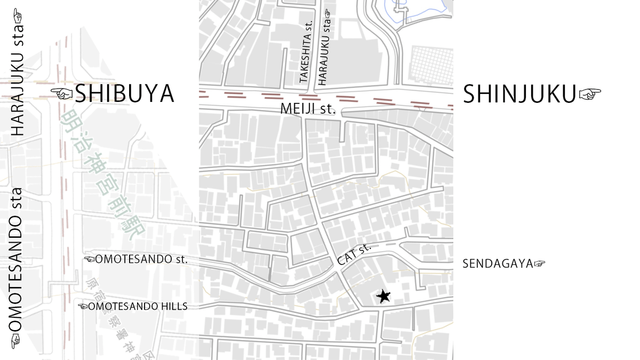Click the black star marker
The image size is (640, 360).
click(383, 296)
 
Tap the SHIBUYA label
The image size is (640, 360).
click(124, 94)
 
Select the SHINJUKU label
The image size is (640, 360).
click(519, 94)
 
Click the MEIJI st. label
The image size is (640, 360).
click(308, 109)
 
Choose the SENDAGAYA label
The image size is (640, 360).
click(498, 263)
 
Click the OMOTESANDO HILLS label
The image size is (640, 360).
click(138, 307)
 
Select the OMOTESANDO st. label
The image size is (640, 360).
click(142, 260)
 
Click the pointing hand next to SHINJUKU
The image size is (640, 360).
click(590, 94)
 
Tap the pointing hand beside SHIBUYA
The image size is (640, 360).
click(61, 94)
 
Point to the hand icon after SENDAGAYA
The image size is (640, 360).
click(540, 263)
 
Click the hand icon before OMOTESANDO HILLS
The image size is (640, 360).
click(83, 307)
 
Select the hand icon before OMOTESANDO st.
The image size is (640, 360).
click(90, 260)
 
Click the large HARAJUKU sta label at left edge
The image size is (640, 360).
click(18, 85)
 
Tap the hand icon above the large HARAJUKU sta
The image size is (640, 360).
click(17, 15)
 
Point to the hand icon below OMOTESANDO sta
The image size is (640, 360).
click(16, 340)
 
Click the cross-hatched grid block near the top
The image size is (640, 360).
click(431, 63)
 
